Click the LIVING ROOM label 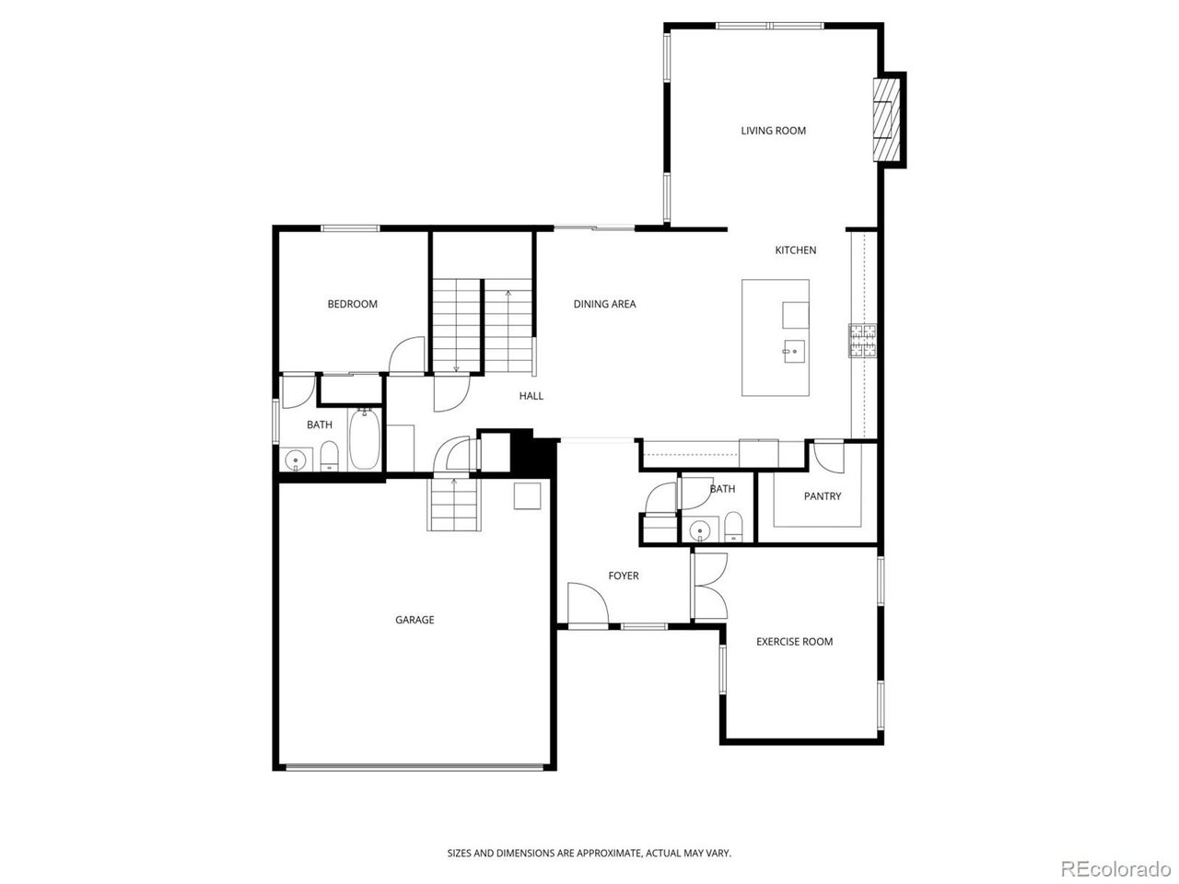773,131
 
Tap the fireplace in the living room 886,120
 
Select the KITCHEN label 795,250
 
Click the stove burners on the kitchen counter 861,341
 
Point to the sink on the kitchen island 794,352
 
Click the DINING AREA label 604,304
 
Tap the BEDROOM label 353,304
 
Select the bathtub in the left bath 365,438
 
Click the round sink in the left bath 296,459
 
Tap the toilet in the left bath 329,456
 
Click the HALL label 531,396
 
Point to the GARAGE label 414,620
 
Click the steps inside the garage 454,504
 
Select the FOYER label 623,576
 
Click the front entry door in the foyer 589,604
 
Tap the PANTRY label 823,496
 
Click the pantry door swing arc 828,458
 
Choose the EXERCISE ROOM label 794,642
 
